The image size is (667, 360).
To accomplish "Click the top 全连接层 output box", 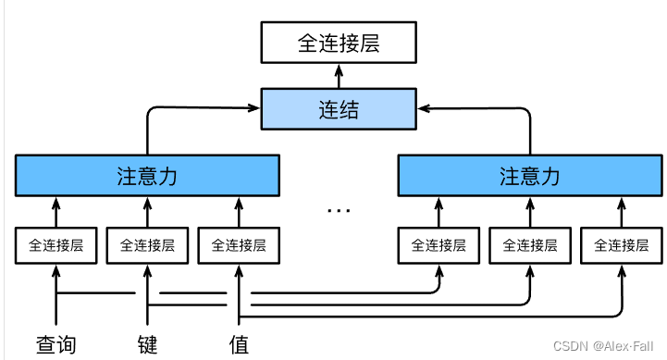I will tap(338, 43).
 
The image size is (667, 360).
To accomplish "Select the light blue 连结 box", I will tap(338, 109).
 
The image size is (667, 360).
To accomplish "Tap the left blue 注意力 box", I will tap(147, 176).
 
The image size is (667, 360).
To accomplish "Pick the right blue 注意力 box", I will tap(530, 176).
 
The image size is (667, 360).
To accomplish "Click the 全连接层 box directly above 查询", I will tap(56, 245).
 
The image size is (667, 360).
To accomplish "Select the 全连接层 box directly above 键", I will tap(147, 245).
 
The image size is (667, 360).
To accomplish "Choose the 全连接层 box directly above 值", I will tap(239, 245).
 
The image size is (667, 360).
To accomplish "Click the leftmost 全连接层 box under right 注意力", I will tap(438, 245).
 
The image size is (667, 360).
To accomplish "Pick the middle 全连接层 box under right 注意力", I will tap(530, 245).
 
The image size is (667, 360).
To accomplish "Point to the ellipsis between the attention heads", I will tap(339, 209).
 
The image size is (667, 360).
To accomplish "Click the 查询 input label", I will tap(56, 344).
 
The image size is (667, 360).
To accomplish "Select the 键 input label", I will tap(147, 344).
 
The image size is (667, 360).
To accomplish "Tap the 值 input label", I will tap(239, 344).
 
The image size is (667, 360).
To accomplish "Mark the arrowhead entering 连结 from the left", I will tap(257, 109).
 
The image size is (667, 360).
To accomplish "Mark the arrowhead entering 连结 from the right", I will tap(419, 109).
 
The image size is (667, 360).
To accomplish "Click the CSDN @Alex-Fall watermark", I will tap(603, 345).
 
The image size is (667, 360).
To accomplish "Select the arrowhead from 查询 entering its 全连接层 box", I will tap(56, 268).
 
